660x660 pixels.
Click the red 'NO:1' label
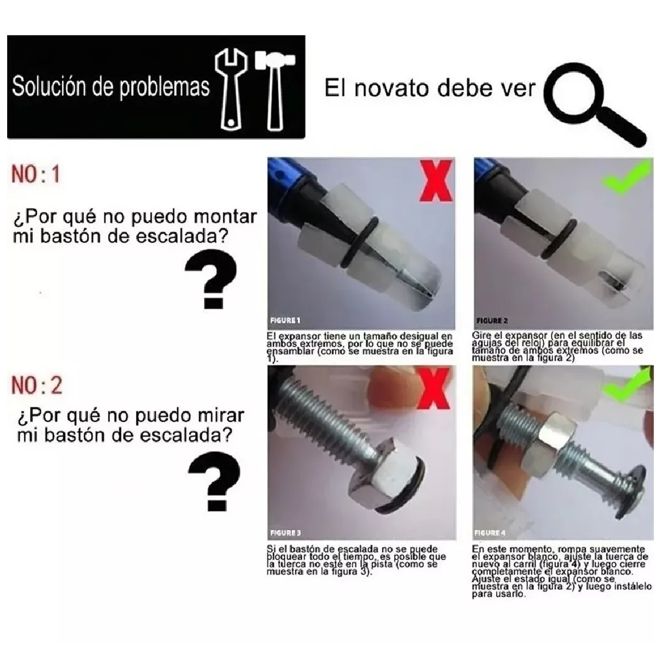click(x=35, y=175)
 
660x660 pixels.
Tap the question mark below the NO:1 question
click(x=211, y=282)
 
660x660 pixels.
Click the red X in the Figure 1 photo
click(x=436, y=180)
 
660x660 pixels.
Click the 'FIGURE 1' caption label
click(x=285, y=320)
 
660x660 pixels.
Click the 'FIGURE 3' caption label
click(x=285, y=532)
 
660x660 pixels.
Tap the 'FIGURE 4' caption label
click(x=490, y=532)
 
